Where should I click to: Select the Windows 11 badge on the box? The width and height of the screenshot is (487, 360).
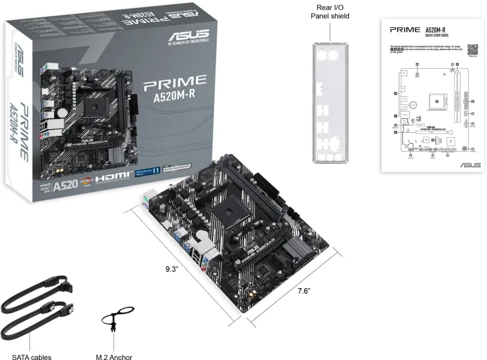pos(150,173)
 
